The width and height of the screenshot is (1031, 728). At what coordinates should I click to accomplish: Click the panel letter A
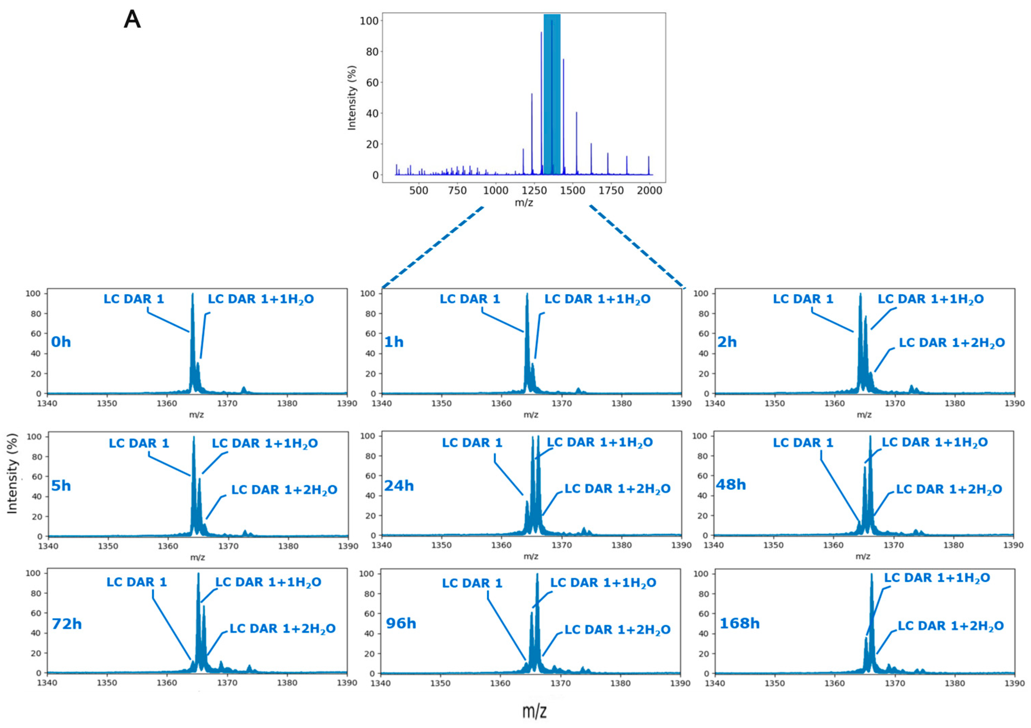coord(132,20)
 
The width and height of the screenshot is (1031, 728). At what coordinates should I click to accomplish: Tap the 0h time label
coord(61,342)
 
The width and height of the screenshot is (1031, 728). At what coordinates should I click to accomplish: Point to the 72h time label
coord(66,624)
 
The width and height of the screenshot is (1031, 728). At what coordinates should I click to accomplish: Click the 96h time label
coord(401,624)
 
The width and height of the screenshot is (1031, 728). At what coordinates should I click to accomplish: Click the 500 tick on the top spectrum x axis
coord(419,190)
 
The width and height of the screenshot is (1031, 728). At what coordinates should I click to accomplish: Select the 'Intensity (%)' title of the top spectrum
coord(352,98)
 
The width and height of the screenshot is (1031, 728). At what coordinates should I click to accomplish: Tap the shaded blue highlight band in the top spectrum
coord(552,90)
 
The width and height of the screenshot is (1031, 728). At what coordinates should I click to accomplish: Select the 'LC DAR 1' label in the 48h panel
coord(802,443)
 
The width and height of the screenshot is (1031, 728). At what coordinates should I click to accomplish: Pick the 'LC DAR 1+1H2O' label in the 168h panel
coord(937,578)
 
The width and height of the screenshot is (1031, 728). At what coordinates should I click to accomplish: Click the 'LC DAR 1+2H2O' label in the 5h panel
coord(284,490)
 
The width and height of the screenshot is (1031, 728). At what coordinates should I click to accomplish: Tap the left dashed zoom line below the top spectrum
coord(432,247)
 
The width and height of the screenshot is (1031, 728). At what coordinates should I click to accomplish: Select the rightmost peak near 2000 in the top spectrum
coord(648,165)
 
